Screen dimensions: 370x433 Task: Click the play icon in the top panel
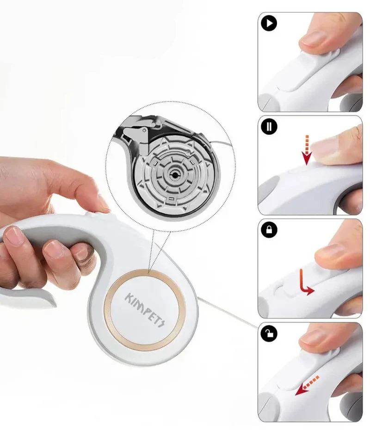point(269,23)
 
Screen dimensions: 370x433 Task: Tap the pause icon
point(269,126)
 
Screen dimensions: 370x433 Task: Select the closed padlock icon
point(269,230)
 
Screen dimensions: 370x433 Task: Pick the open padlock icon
point(269,333)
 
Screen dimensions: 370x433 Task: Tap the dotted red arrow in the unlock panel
point(307,385)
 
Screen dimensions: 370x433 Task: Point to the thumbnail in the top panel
point(314,38)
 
